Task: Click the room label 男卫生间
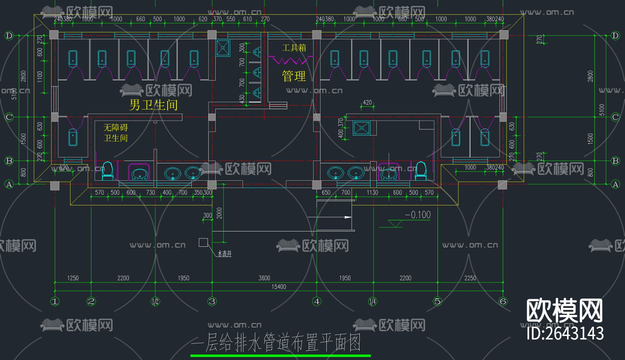tap(153, 105)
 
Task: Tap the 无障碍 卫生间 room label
tap(116, 133)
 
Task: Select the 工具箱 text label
tap(294, 48)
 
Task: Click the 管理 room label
tap(294, 76)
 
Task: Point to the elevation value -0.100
tap(418, 215)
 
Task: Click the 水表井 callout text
tap(224, 254)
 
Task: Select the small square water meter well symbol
tap(203, 242)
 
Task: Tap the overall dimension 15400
tap(279, 287)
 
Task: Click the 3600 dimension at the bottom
tap(264, 278)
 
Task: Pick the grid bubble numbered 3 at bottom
tap(212, 301)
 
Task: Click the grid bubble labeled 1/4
tap(373, 301)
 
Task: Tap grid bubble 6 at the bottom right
tap(503, 301)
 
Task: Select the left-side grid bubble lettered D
tap(9, 35)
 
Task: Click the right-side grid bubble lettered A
tap(615, 184)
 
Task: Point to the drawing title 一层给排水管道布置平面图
tap(276, 343)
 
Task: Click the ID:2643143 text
tap(565, 333)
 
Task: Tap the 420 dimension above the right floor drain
tap(367, 103)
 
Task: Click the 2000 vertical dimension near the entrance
tap(219, 213)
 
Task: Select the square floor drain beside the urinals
tap(223, 48)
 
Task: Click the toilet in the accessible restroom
tap(107, 171)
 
